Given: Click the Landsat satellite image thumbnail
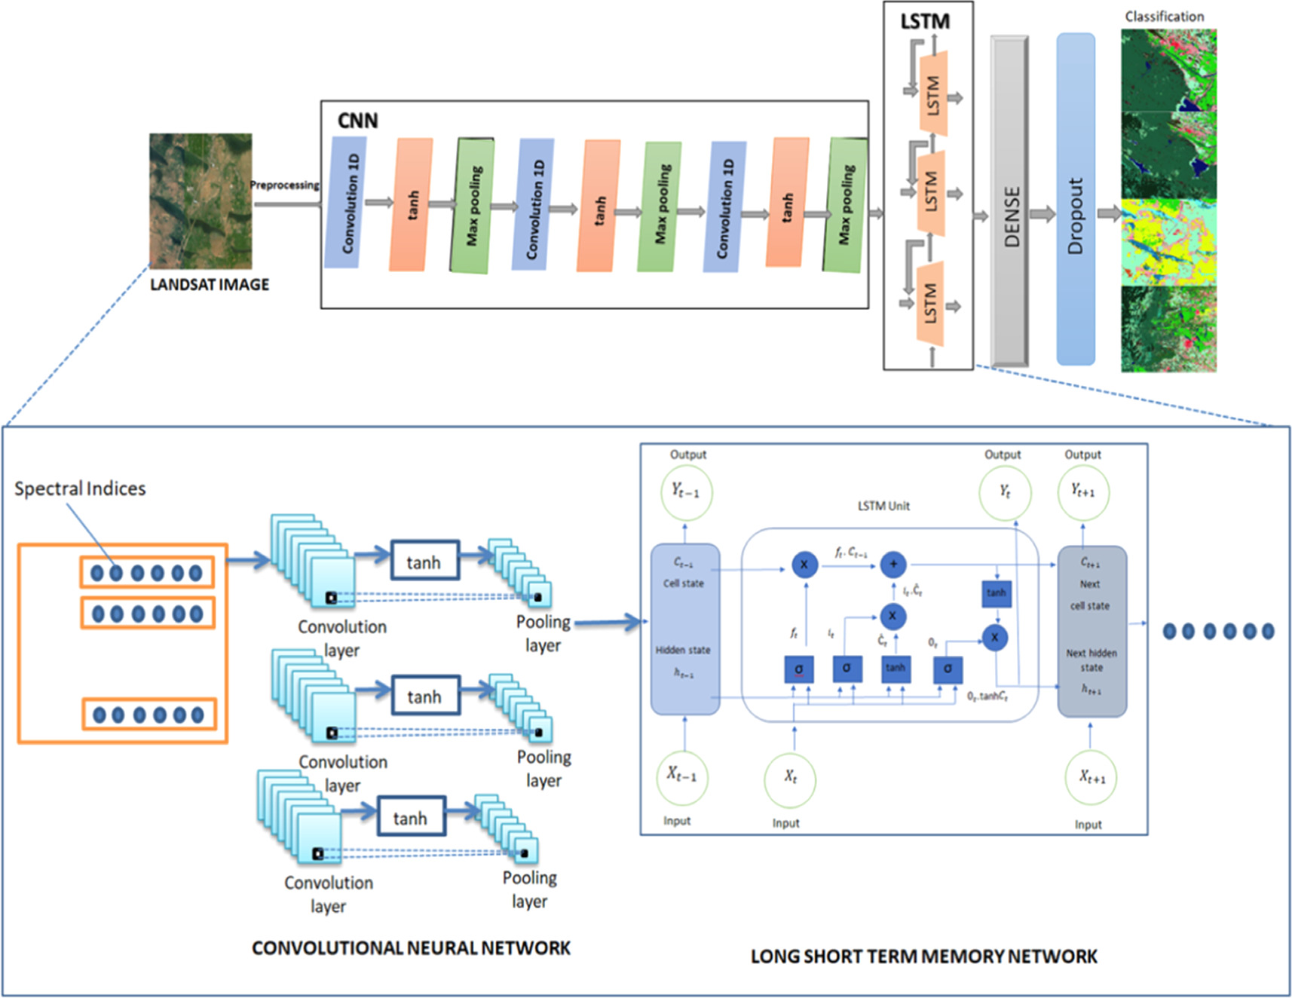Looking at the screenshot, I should [201, 201].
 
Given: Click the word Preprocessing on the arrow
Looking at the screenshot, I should [285, 185].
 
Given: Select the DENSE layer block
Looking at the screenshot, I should [1010, 202].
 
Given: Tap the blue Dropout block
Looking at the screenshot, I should [1076, 200].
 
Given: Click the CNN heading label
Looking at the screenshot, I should [357, 121].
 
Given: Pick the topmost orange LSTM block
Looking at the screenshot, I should [933, 93].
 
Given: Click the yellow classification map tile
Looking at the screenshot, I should [1168, 243].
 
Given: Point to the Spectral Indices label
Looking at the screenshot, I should [80, 488].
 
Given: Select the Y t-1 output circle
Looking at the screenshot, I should [686, 492].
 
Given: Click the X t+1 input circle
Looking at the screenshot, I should [1091, 777].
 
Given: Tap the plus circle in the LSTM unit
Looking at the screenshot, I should [893, 564].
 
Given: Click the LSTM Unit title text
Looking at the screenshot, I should [883, 506].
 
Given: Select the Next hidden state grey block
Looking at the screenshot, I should [1092, 632].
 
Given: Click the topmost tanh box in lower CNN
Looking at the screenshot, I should [424, 561].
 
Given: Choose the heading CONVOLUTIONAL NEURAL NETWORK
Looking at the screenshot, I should [411, 947].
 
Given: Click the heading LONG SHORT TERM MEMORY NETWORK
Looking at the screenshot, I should [923, 957].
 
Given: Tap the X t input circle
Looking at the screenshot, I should [790, 777].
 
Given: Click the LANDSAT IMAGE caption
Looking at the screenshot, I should [209, 284].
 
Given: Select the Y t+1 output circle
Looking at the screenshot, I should [1083, 492].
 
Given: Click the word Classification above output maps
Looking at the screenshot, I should [1164, 17].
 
